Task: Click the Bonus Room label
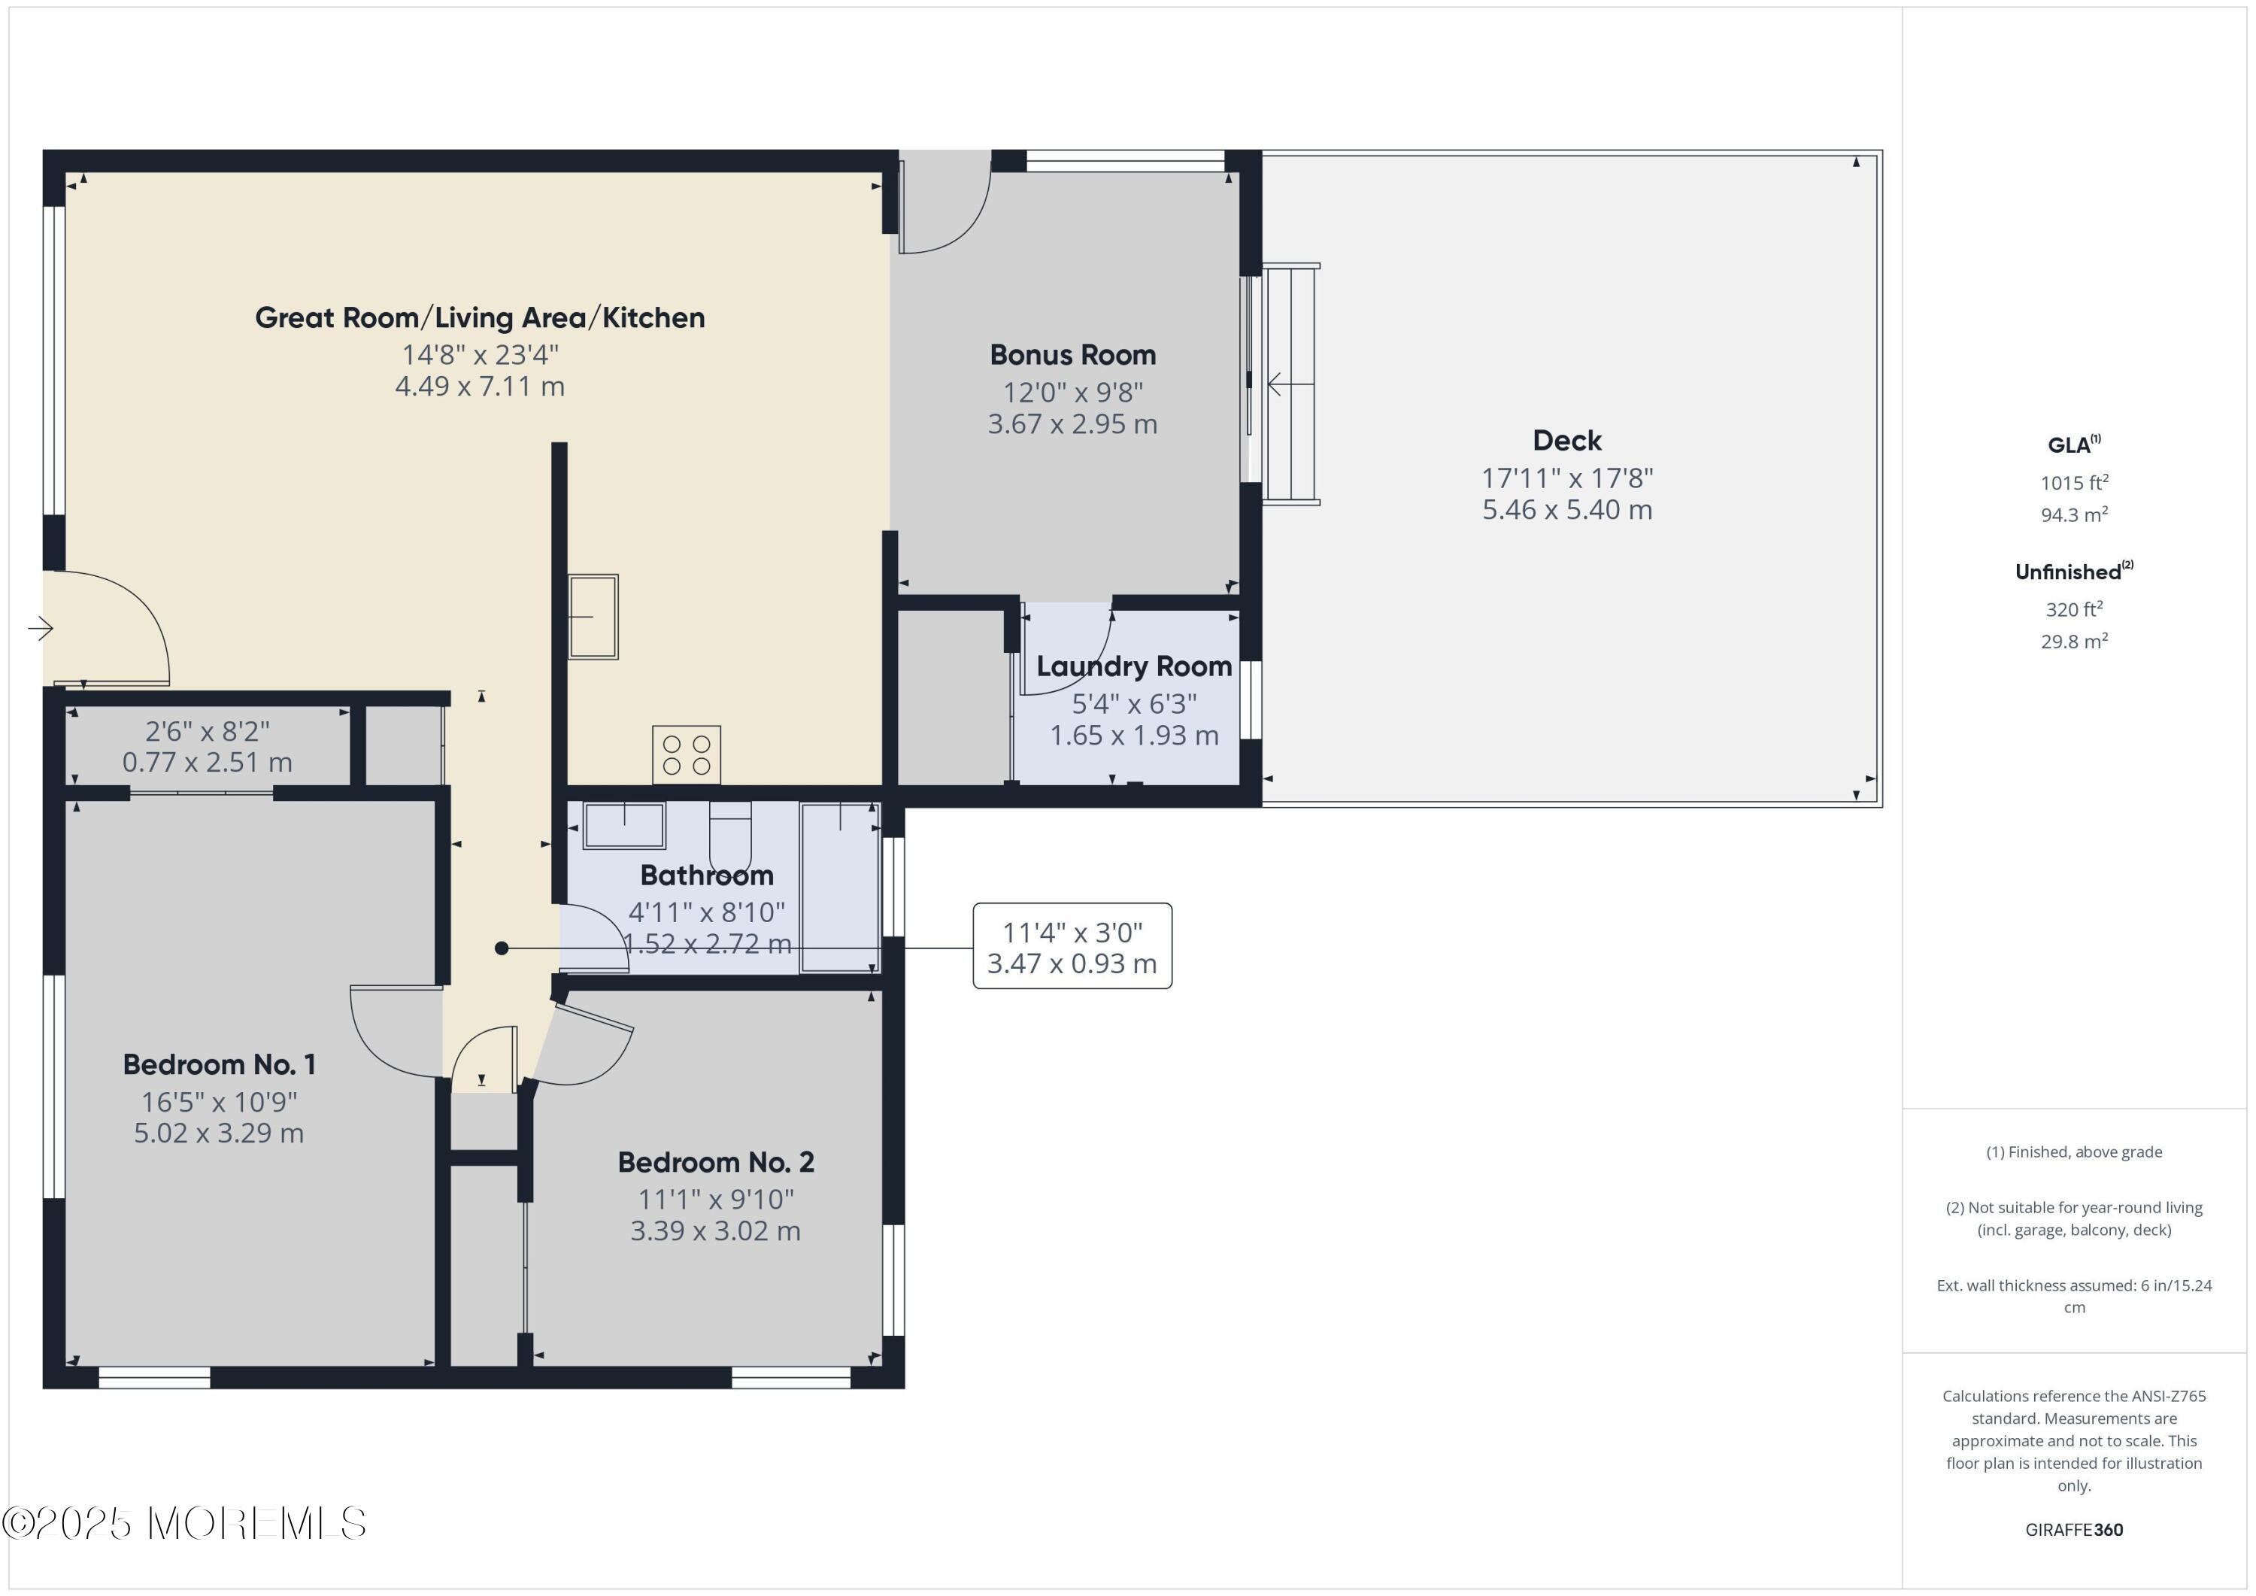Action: click(x=1072, y=355)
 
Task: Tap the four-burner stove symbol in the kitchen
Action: click(x=686, y=755)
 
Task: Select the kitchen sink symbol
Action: click(x=593, y=616)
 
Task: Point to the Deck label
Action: click(x=1567, y=440)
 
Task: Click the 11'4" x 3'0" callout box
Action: click(x=1072, y=945)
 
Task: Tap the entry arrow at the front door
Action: click(x=41, y=628)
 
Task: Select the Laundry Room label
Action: click(x=1134, y=666)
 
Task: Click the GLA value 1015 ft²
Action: click(x=2074, y=483)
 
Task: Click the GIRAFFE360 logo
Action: click(x=2074, y=1529)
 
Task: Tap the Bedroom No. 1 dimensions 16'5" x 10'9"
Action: click(x=219, y=1102)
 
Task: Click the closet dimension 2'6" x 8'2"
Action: click(x=208, y=731)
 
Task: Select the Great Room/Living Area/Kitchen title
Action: click(x=480, y=317)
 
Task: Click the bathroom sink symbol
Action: click(x=624, y=824)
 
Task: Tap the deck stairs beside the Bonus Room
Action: click(x=1290, y=384)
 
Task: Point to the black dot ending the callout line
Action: click(x=501, y=948)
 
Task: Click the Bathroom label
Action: click(x=706, y=875)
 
